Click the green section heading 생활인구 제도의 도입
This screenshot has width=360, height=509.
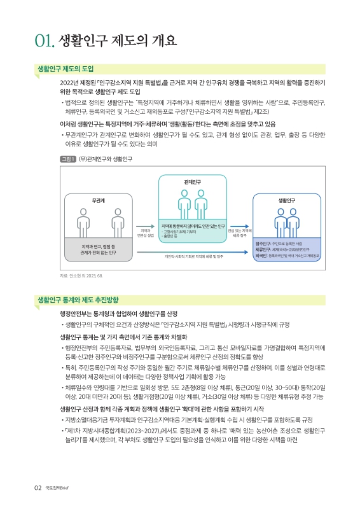(x=66, y=68)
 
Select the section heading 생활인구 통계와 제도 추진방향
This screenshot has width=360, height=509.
(x=78, y=299)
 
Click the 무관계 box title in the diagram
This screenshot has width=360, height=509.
(x=98, y=200)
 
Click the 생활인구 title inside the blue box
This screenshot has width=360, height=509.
(x=287, y=200)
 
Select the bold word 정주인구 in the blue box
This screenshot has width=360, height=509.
(x=263, y=243)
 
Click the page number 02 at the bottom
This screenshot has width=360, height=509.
(x=38, y=488)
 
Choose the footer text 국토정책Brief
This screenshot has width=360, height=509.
(x=56, y=488)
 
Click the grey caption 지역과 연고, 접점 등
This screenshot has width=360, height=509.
(x=98, y=245)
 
